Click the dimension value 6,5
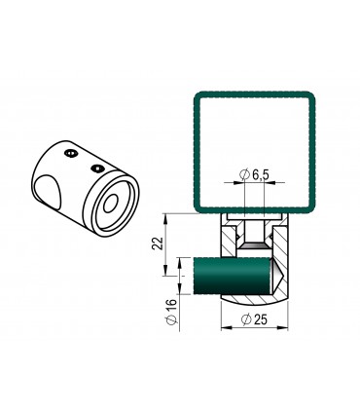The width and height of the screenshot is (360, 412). (261, 175)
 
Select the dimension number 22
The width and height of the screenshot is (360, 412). (158, 243)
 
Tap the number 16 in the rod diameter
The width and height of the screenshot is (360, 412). (172, 305)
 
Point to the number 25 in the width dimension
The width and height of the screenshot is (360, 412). (261, 319)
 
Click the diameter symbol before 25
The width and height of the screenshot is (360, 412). (246, 319)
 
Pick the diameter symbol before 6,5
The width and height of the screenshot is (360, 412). (245, 175)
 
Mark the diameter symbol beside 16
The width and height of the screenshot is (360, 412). (172, 319)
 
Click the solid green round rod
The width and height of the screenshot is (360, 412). (232, 276)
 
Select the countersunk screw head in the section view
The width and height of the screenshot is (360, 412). (254, 245)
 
